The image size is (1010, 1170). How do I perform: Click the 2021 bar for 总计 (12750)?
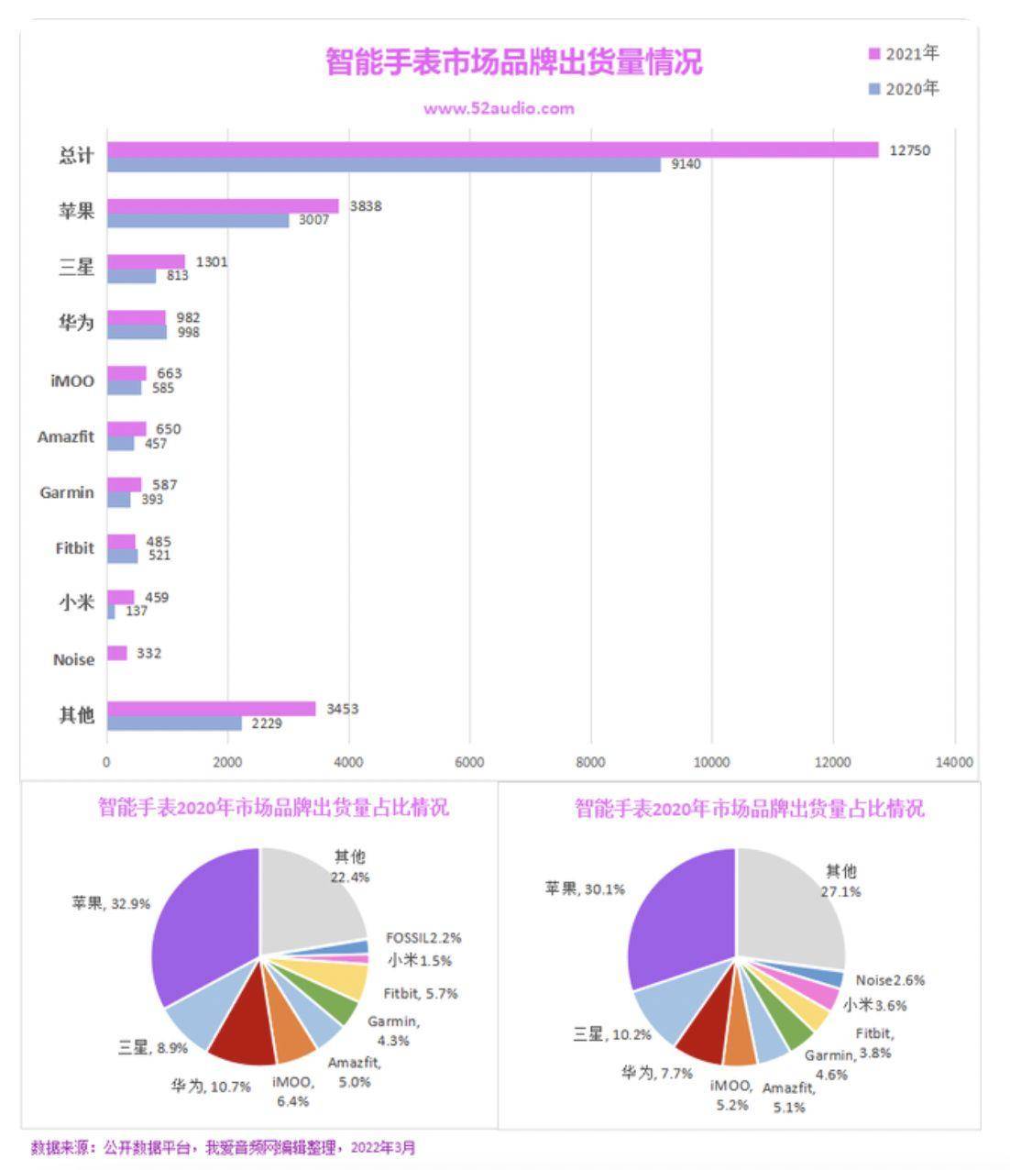click(492, 149)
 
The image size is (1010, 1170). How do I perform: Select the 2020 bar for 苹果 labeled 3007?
click(197, 220)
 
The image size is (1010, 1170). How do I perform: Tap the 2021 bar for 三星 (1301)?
click(146, 261)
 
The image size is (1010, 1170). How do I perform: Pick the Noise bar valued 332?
click(116, 653)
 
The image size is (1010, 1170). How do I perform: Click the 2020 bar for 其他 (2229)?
click(174, 723)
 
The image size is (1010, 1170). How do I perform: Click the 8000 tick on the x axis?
click(590, 762)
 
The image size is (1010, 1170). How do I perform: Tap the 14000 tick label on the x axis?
click(954, 762)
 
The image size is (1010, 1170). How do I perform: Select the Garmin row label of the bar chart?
click(66, 492)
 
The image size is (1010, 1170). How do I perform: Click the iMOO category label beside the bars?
click(71, 381)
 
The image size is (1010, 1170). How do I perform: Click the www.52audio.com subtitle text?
click(499, 108)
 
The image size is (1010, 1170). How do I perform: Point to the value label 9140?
click(686, 164)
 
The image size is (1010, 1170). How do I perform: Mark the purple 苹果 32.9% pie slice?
click(203, 926)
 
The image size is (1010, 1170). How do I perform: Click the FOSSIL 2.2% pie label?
click(423, 938)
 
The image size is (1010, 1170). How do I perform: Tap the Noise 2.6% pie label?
click(889, 980)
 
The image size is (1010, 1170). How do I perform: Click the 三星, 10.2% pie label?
click(611, 1034)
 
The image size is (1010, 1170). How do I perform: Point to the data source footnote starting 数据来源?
click(223, 1147)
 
